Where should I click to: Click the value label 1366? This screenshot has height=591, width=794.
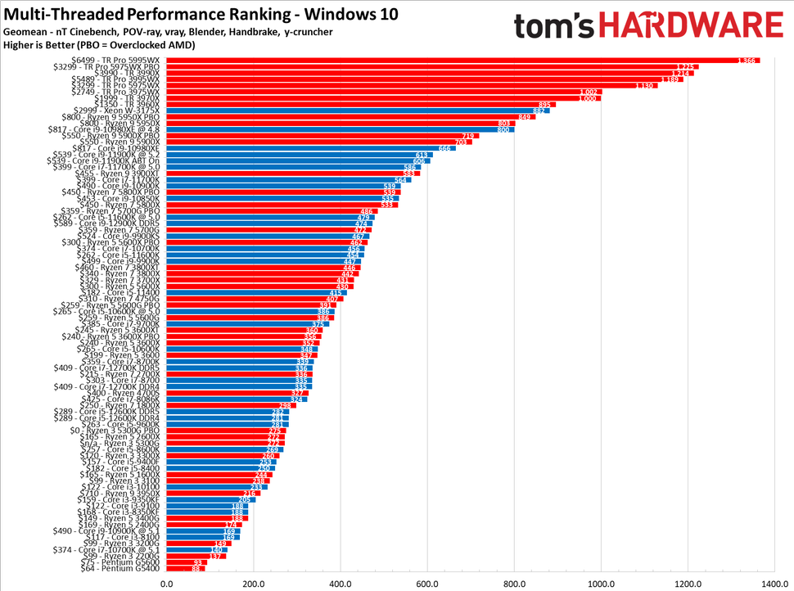[746, 61]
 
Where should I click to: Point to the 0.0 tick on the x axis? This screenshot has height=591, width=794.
[167, 583]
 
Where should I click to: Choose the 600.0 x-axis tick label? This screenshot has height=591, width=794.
[426, 583]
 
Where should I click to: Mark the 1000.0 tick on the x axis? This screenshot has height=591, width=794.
[600, 583]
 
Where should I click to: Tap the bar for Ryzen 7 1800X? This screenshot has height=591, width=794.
[232, 405]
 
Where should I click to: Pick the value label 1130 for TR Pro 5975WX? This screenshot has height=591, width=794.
[646, 85]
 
